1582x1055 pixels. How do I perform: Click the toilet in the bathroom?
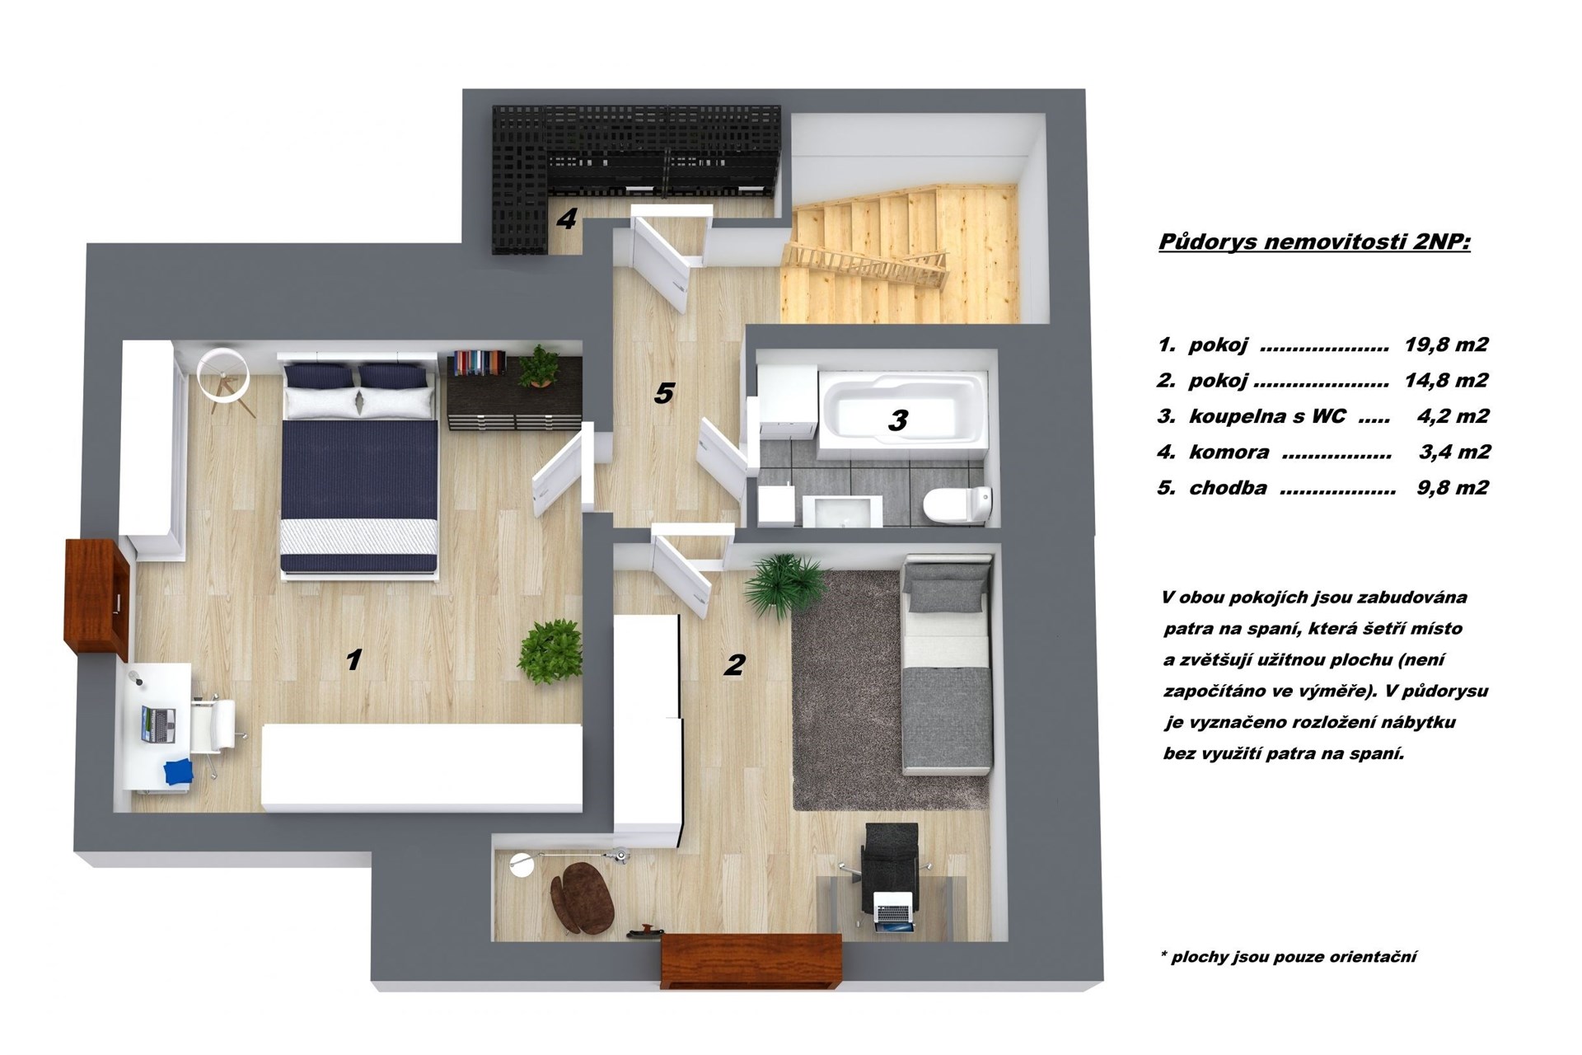959,504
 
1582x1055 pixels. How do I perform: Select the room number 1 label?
354,659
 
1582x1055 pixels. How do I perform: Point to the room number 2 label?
734,664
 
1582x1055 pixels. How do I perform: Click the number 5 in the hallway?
663,394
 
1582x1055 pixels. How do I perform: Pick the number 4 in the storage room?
566,218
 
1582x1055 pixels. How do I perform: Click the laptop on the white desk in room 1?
159,724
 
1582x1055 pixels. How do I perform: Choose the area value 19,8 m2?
1446,345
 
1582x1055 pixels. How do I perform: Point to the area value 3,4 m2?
1455,452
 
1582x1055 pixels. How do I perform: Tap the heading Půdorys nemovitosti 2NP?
1314,242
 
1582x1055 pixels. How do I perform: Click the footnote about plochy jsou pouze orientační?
1289,957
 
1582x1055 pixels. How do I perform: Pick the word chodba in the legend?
1228,488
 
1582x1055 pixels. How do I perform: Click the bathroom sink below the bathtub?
840,510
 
